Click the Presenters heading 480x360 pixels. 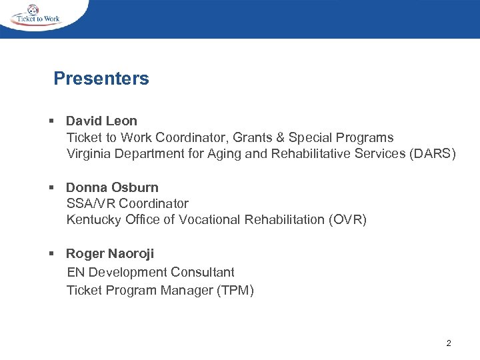[x=101, y=79]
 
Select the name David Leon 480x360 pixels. [x=101, y=121]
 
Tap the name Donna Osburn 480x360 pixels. [x=112, y=187]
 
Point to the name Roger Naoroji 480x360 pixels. [x=110, y=253]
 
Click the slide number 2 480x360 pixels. [x=448, y=343]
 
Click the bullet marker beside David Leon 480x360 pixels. [x=51, y=121]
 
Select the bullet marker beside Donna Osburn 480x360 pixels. [x=51, y=187]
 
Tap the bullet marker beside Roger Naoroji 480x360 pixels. [x=51, y=253]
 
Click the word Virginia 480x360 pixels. [x=88, y=154]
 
